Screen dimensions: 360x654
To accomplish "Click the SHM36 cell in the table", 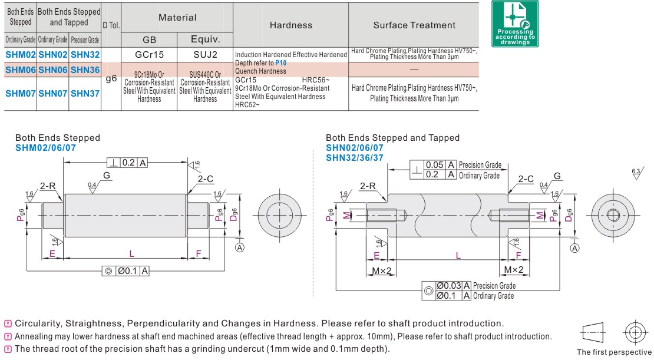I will (85, 70).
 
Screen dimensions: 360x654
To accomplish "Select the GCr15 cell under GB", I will (149, 54).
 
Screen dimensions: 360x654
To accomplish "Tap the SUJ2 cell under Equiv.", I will (205, 54).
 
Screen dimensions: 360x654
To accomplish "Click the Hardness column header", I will (290, 25).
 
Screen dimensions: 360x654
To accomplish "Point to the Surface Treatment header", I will (414, 25).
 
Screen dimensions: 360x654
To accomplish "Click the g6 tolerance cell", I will (111, 78).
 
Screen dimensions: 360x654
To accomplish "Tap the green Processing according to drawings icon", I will (514, 24).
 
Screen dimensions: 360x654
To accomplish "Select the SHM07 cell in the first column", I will (21, 93).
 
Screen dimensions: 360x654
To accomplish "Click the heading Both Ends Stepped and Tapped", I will (392, 138).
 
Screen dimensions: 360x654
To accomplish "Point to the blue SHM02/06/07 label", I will (45, 147).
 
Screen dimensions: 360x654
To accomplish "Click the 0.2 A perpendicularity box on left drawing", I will (127, 163).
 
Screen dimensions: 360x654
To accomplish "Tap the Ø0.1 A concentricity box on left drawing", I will (125, 271).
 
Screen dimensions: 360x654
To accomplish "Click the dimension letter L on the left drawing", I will (131, 253).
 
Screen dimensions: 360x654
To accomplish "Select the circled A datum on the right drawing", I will (575, 249).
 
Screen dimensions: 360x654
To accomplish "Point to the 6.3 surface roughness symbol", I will (636, 173).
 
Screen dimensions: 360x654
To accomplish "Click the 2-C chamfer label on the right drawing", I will (526, 179).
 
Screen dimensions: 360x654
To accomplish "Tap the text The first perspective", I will (615, 352).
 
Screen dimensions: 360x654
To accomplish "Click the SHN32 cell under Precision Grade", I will (85, 54).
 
